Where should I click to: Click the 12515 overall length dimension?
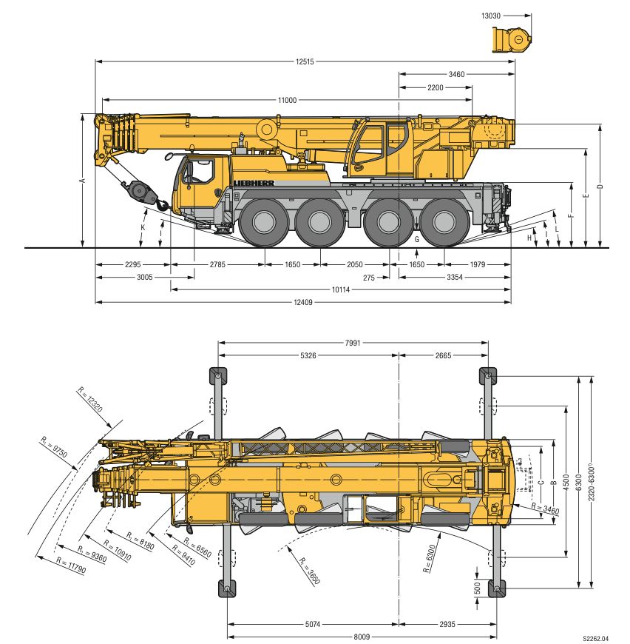click(303, 62)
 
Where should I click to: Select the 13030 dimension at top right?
click(492, 15)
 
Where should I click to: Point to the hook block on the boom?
click(140, 192)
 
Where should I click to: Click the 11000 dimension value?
click(288, 100)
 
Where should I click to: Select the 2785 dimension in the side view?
click(217, 264)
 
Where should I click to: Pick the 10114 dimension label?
click(341, 289)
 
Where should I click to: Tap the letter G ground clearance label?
click(416, 239)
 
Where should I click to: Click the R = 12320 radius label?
click(92, 403)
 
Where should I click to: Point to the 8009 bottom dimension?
click(362, 636)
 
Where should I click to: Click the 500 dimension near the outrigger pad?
click(478, 588)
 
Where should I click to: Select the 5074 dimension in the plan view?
click(313, 624)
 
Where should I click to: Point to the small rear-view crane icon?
click(512, 38)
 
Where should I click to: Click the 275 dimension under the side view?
click(381, 278)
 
